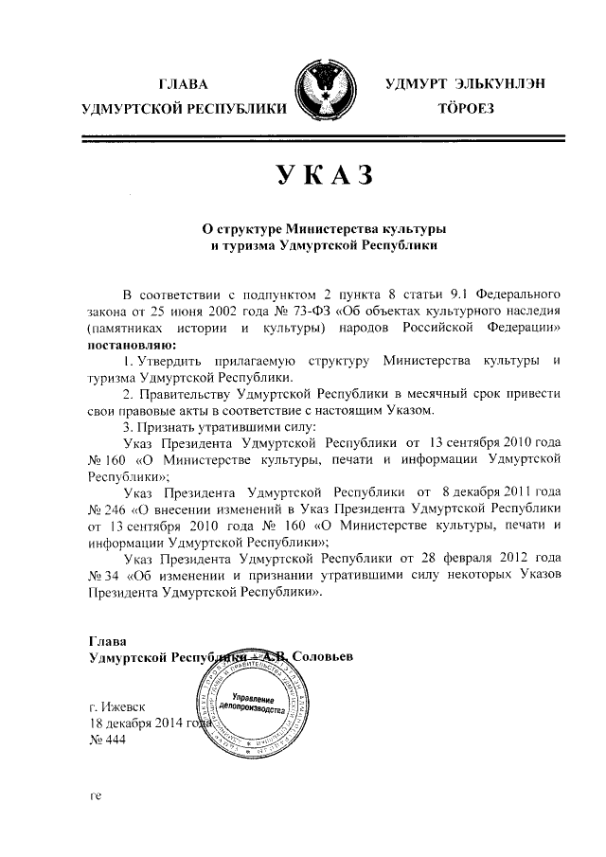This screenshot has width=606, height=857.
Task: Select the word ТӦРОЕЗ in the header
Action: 464,110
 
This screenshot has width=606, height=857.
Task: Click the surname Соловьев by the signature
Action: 322,656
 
